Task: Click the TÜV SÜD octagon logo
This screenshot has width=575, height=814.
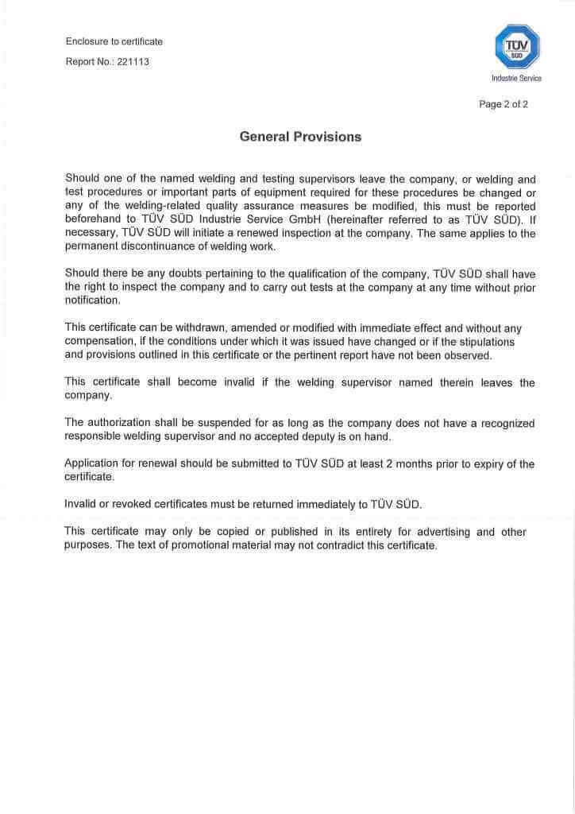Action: click(517, 46)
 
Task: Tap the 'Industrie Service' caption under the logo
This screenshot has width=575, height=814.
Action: click(517, 78)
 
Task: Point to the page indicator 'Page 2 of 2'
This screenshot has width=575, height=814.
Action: click(504, 104)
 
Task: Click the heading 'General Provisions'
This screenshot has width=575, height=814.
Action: click(300, 137)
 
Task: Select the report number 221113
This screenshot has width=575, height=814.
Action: click(133, 61)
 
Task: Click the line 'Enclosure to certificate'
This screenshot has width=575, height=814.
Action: click(114, 41)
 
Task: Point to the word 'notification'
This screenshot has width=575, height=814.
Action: click(91, 301)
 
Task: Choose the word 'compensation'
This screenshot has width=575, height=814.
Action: click(99, 342)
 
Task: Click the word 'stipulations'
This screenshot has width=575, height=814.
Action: click(485, 342)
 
